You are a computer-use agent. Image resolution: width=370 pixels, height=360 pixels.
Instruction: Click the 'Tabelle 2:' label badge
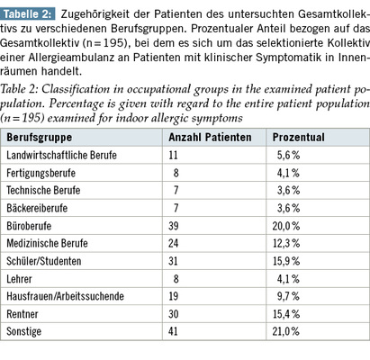pyautogui.click(x=28, y=14)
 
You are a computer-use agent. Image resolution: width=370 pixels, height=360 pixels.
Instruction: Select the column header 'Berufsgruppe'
pyautogui.click(x=40, y=138)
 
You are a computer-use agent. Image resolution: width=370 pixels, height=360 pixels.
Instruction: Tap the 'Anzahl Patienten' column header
pyautogui.click(x=210, y=138)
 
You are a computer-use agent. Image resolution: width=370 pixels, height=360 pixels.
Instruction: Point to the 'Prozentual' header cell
pyautogui.click(x=299, y=138)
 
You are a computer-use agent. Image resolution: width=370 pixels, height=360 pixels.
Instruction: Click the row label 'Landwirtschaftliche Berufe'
pyautogui.click(x=61, y=155)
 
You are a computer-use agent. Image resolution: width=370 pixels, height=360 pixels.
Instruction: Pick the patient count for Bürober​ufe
pyautogui.click(x=174, y=226)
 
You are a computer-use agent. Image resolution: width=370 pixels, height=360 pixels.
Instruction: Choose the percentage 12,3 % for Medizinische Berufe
pyautogui.click(x=286, y=243)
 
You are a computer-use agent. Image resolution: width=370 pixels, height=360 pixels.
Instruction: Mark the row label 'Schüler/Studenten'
pyautogui.click(x=44, y=261)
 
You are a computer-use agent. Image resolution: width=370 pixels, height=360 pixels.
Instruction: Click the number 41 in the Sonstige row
pyautogui.click(x=173, y=331)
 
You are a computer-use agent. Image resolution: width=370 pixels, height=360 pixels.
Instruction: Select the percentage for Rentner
pyautogui.click(x=286, y=314)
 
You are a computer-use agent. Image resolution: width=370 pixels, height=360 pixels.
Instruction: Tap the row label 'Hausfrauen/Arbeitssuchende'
pyautogui.click(x=65, y=296)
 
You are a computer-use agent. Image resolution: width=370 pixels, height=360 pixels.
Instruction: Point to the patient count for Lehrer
pyautogui.click(x=176, y=279)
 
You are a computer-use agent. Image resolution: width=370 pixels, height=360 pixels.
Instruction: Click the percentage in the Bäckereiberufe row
pyautogui.click(x=288, y=208)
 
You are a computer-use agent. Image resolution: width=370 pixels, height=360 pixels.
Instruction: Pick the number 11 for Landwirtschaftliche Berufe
pyautogui.click(x=173, y=155)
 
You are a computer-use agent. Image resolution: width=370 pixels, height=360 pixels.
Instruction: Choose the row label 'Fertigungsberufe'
pyautogui.click(x=41, y=173)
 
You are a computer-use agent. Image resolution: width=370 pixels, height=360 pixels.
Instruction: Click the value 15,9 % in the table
pyautogui.click(x=286, y=261)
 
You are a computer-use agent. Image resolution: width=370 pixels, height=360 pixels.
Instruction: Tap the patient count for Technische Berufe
pyautogui.click(x=176, y=190)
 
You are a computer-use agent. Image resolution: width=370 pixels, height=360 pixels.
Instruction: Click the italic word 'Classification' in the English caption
pyautogui.click(x=76, y=89)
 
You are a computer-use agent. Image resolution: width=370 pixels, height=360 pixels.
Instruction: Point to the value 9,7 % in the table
pyautogui.click(x=288, y=296)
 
